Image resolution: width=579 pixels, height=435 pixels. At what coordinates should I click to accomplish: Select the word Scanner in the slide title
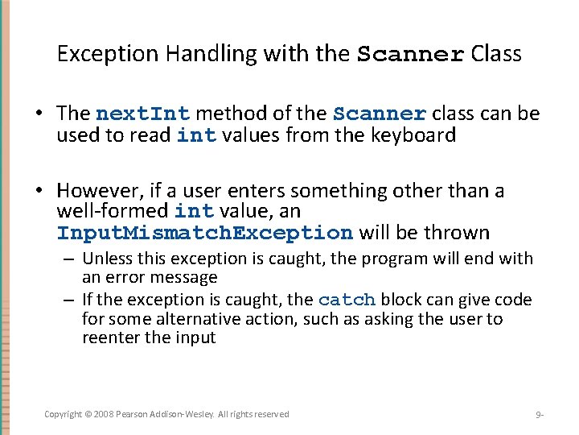pyautogui.click(x=410, y=56)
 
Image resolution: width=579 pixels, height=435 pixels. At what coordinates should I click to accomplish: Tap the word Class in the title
pyautogui.click(x=496, y=54)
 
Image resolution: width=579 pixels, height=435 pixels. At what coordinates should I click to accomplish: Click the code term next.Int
pyautogui.click(x=142, y=114)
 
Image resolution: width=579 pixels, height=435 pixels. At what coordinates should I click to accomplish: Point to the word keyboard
pyautogui.click(x=413, y=135)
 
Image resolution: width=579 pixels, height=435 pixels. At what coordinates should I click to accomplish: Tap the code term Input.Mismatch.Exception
pyautogui.click(x=204, y=234)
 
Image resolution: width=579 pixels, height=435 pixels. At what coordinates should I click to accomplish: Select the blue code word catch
pyautogui.click(x=347, y=300)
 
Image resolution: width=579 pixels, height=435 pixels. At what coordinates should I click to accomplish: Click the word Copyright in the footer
pyautogui.click(x=63, y=414)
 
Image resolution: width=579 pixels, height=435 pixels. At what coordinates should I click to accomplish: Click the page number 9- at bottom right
pyautogui.click(x=540, y=415)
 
